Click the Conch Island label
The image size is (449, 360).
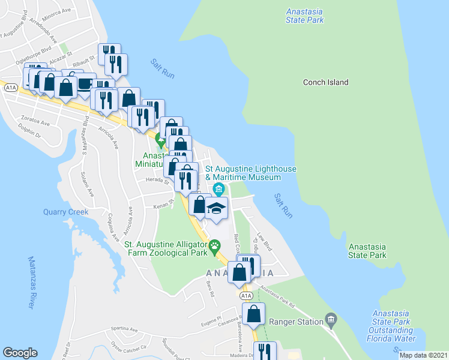tap(325, 82)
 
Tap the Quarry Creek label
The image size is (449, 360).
tap(66, 212)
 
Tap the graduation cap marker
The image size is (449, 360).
tap(216, 208)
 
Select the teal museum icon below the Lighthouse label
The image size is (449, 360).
tap(218, 190)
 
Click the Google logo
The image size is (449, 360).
tap(20, 352)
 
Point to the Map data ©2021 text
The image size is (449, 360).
tap(423, 355)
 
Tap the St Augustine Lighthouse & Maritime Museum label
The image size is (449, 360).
tap(251, 173)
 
